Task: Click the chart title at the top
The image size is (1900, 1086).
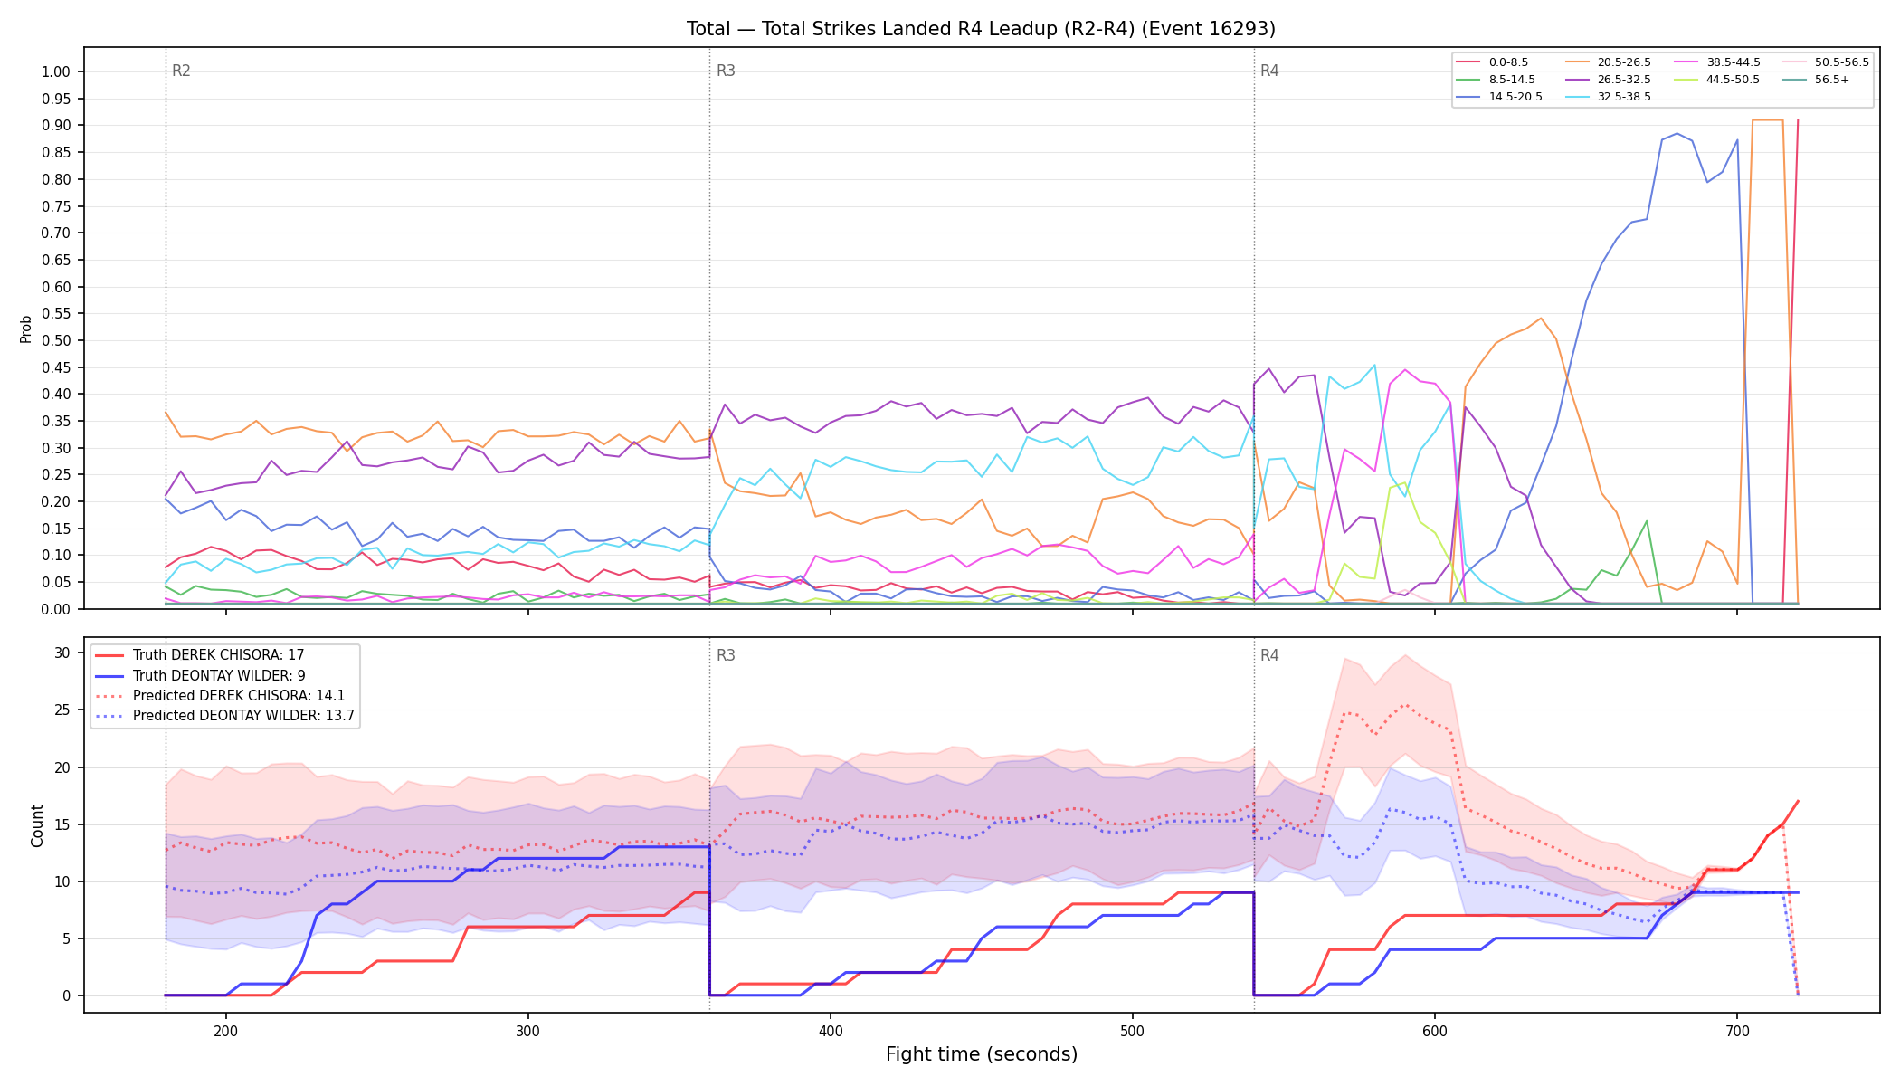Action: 981,29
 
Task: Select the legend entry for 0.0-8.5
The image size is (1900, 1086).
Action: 1492,62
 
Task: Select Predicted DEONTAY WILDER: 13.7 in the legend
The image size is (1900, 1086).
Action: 225,716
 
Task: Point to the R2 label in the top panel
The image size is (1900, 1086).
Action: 181,71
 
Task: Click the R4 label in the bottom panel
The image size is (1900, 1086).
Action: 1269,655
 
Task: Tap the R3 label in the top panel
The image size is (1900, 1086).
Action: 726,71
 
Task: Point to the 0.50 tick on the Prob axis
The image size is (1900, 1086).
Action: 56,340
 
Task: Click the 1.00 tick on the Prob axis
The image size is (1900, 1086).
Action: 56,71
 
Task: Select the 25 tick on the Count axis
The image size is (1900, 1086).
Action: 62,710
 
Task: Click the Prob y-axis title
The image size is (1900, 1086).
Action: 25,329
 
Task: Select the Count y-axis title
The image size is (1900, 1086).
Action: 37,825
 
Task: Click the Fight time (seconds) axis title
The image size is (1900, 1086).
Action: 982,1054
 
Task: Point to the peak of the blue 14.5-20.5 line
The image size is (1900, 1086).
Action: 1677,133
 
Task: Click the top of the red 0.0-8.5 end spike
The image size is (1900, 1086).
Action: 1797,119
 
